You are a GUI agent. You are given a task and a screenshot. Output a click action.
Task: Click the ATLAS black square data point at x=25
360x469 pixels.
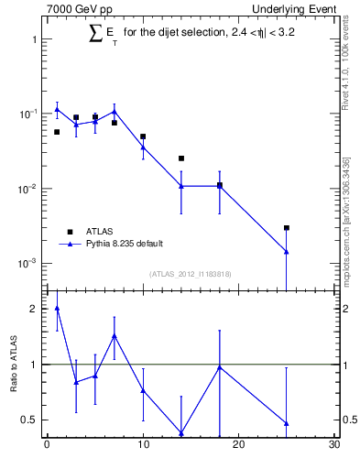tap(287, 228)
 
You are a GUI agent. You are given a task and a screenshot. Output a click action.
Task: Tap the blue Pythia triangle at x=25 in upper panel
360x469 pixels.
tap(287, 251)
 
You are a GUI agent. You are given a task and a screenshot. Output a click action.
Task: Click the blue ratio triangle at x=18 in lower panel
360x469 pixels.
tap(220, 367)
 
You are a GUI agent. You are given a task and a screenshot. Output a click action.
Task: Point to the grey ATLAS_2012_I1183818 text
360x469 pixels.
tap(190, 273)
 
